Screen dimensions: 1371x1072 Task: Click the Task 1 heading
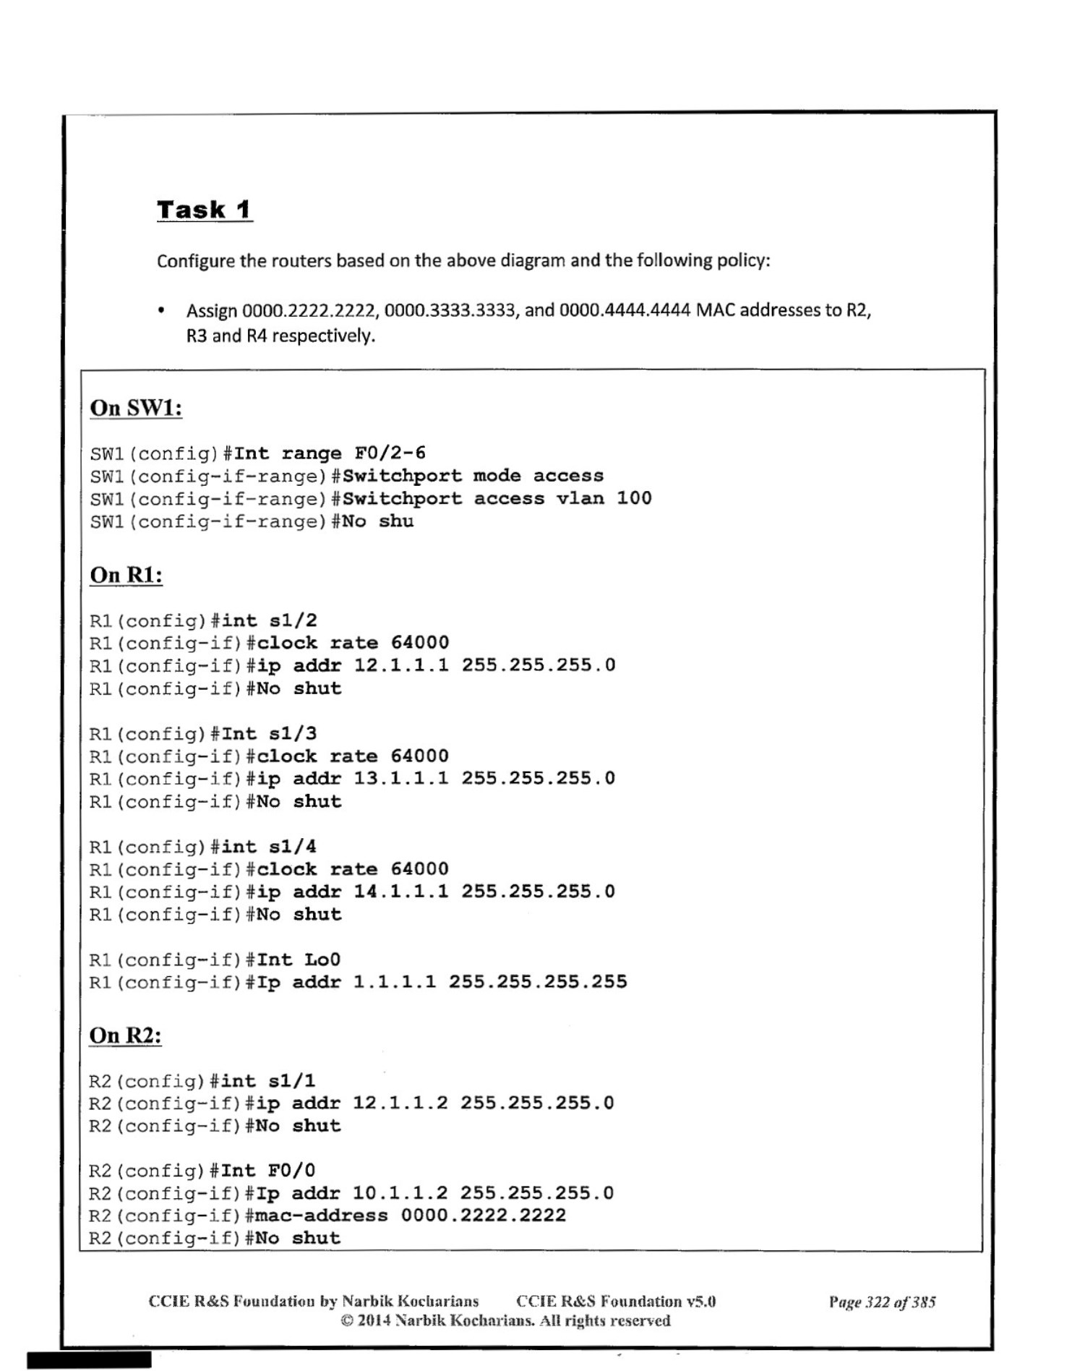tap(204, 210)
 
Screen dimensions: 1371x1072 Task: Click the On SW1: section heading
tap(136, 408)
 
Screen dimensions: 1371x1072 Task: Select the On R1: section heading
tap(126, 575)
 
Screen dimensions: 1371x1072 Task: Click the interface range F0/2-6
tap(390, 453)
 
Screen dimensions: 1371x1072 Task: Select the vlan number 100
tap(634, 498)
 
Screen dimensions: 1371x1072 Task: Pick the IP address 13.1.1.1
tap(400, 778)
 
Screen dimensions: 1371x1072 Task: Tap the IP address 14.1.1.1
tap(400, 891)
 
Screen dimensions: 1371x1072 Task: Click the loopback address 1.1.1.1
tap(394, 982)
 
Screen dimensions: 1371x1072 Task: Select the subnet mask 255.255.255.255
tap(538, 982)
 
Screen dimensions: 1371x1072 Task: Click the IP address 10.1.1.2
tap(400, 1192)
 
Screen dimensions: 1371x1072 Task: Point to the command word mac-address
tap(322, 1215)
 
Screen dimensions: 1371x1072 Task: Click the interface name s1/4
tap(293, 847)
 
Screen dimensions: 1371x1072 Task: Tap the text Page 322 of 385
tap(882, 1302)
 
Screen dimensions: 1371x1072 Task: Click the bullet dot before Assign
tap(161, 312)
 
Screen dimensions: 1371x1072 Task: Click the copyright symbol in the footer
tap(348, 1321)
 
